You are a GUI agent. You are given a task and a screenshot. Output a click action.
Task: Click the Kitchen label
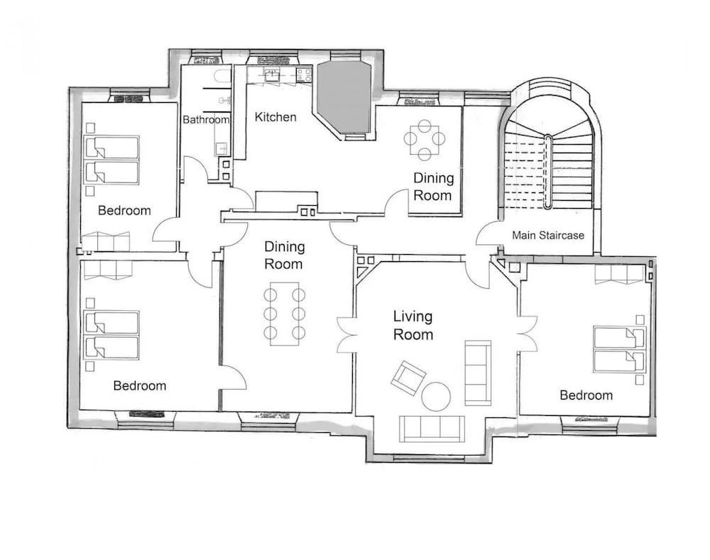click(275, 117)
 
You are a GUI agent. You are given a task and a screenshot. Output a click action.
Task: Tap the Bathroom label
click(206, 119)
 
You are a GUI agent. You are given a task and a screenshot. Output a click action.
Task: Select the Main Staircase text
click(548, 236)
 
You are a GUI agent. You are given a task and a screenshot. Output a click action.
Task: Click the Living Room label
click(413, 325)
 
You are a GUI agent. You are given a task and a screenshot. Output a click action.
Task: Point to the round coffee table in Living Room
click(436, 396)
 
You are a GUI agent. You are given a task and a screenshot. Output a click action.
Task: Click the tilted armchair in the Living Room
click(409, 378)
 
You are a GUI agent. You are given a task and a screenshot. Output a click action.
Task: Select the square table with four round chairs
click(425, 139)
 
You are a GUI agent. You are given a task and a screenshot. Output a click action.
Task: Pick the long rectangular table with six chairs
click(285, 314)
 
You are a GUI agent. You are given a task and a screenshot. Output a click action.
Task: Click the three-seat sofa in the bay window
click(432, 429)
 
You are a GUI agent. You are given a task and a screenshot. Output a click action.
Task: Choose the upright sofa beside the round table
click(478, 373)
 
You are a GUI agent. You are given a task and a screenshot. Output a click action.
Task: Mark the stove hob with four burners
click(304, 75)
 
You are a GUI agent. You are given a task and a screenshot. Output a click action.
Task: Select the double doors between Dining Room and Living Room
click(346, 335)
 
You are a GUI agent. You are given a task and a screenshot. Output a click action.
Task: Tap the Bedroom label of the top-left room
click(124, 211)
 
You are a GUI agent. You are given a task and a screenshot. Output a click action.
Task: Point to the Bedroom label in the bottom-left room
click(139, 385)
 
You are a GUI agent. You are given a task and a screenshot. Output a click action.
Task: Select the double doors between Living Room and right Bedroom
click(527, 334)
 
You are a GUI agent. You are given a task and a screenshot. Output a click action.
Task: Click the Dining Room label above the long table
click(285, 256)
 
